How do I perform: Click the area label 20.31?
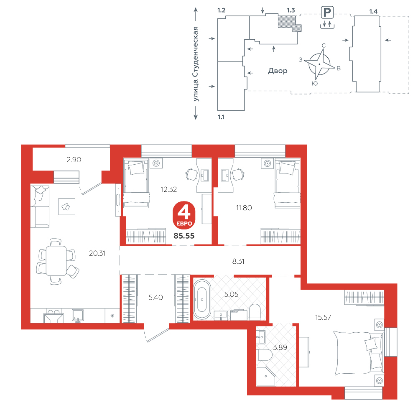coord(97,253)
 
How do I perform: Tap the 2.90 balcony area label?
coord(74,160)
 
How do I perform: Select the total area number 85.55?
coord(184,236)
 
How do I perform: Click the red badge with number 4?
coord(184,215)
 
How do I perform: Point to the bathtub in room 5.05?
coord(202,299)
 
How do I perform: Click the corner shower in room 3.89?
coord(265,376)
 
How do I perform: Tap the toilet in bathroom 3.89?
coord(265,355)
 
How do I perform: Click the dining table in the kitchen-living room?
coord(56,261)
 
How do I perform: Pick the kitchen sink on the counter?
coord(78,316)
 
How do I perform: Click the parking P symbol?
coord(327,12)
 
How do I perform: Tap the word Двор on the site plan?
coord(278,71)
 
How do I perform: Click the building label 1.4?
coord(373,11)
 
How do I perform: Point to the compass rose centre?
coord(319,64)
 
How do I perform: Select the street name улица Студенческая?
coord(196,64)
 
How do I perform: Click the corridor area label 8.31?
coord(238,262)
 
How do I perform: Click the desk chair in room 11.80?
coord(238,175)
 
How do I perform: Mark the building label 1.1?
coord(221,117)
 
